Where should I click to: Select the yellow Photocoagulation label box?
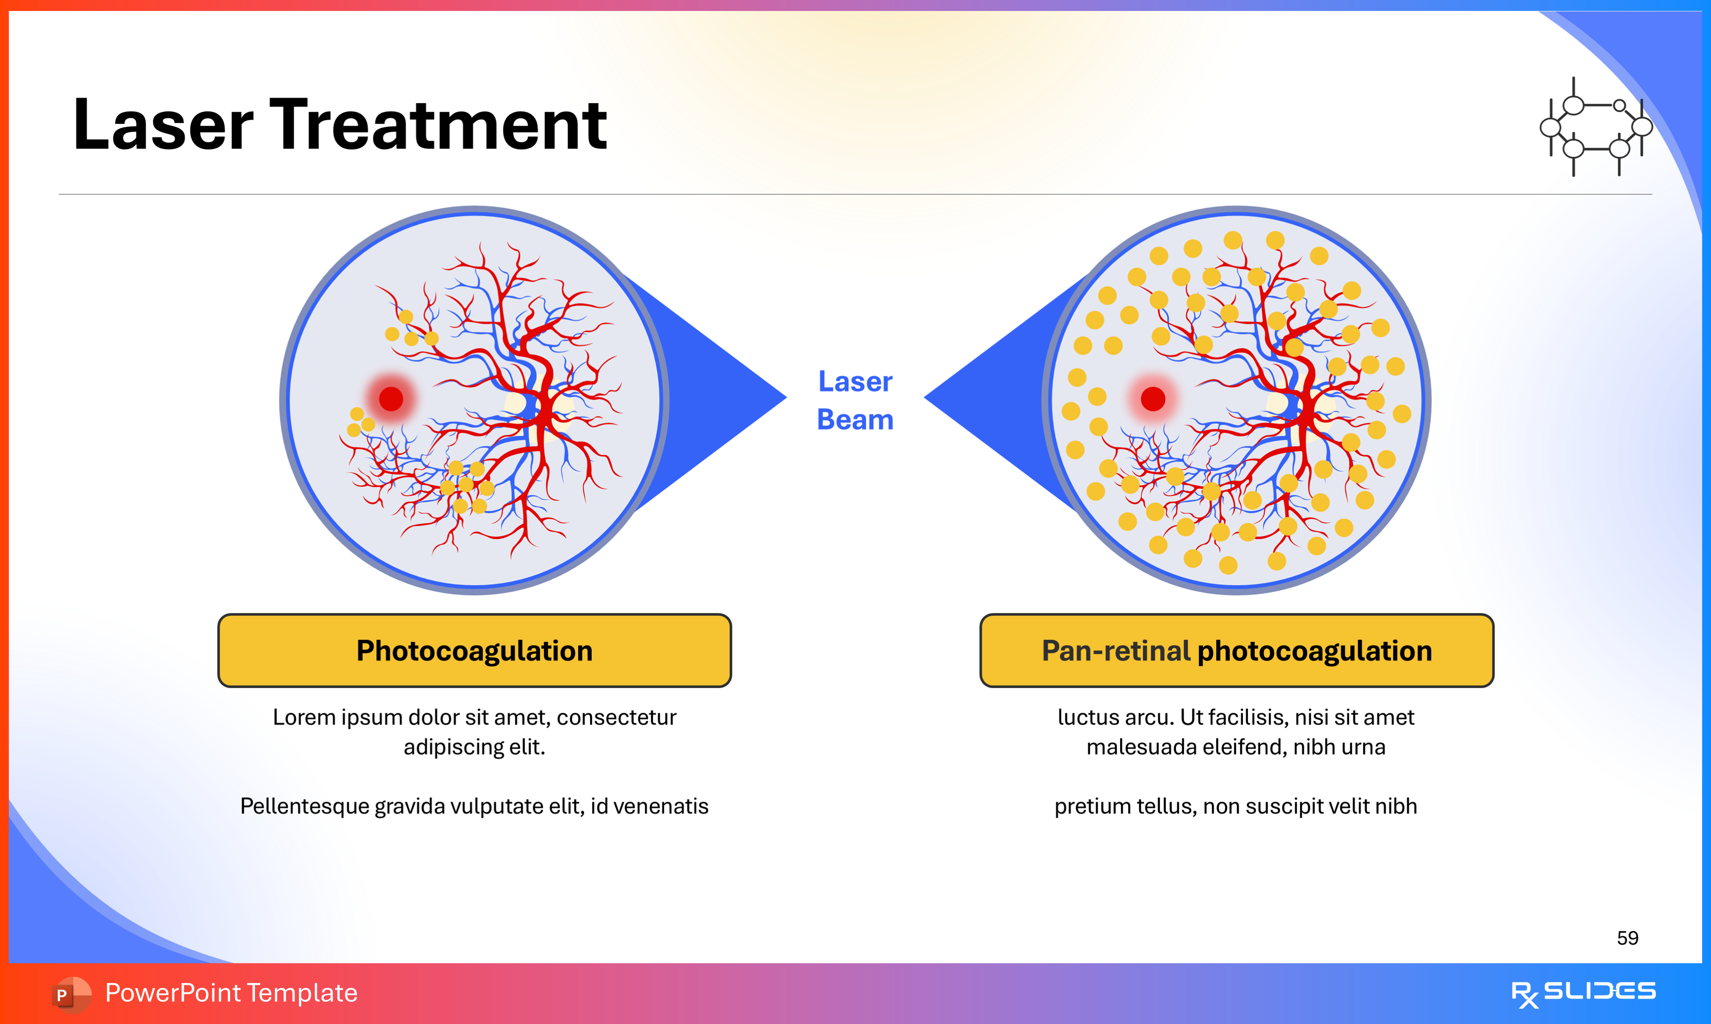[x=474, y=651]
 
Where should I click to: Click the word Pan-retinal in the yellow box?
[x=1116, y=651]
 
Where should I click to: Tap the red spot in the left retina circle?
[x=391, y=399]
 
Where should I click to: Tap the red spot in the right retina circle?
[x=1153, y=399]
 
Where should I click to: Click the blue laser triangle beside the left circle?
[x=718, y=397]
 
